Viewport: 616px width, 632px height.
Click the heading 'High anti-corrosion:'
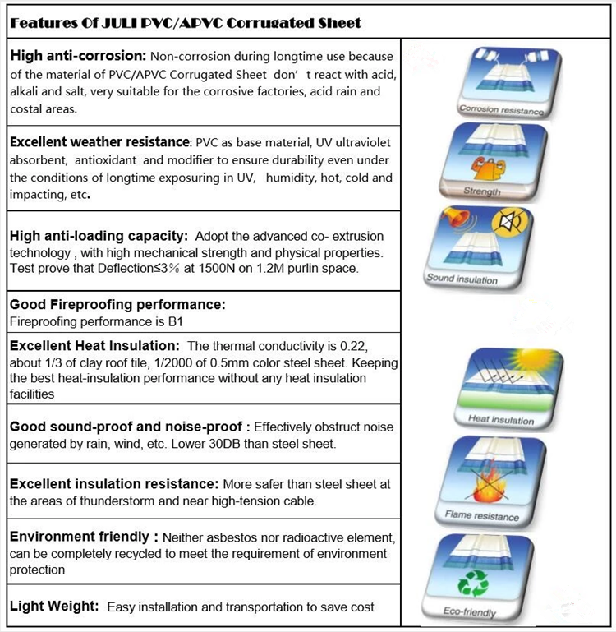tap(77, 57)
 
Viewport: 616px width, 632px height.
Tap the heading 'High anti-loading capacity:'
tap(99, 237)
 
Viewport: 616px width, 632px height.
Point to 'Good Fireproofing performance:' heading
tap(117, 305)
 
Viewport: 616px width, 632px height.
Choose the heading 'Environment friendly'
tap(80, 537)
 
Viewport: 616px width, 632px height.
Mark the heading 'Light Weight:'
tap(54, 607)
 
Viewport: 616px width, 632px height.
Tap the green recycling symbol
tap(473, 583)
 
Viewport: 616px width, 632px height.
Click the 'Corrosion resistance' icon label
tap(501, 109)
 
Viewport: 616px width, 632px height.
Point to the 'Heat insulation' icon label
tap(500, 419)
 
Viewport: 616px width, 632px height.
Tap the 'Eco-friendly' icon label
tap(470, 611)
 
